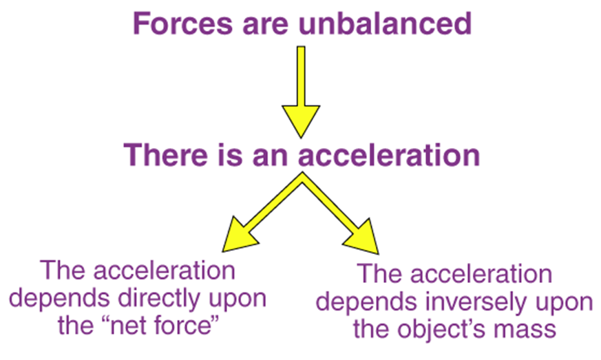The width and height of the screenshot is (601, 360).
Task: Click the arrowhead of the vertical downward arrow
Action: coord(301,120)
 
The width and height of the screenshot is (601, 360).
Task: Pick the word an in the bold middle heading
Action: coord(273,155)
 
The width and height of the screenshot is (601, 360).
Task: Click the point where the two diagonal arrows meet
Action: coord(301,180)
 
